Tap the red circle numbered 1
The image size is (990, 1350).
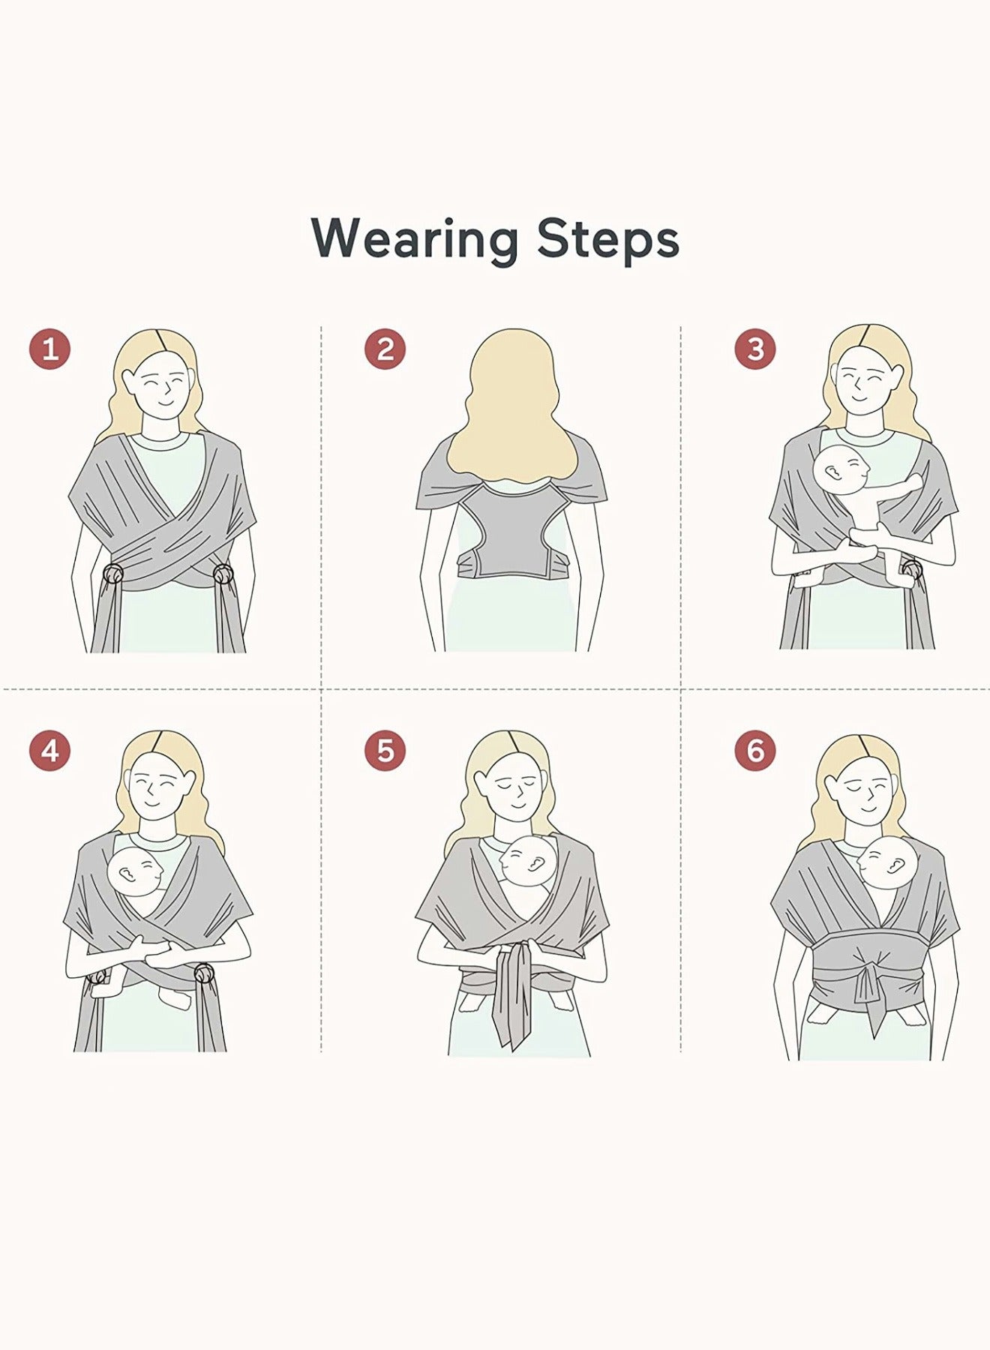click(x=49, y=349)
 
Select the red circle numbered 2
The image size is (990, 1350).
click(x=385, y=349)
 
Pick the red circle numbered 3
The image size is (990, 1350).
click(x=754, y=349)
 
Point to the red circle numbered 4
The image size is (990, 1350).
click(x=49, y=751)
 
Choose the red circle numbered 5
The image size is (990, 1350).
click(x=385, y=751)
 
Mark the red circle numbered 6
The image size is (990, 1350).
click(x=754, y=751)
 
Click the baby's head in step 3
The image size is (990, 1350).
click(x=842, y=472)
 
